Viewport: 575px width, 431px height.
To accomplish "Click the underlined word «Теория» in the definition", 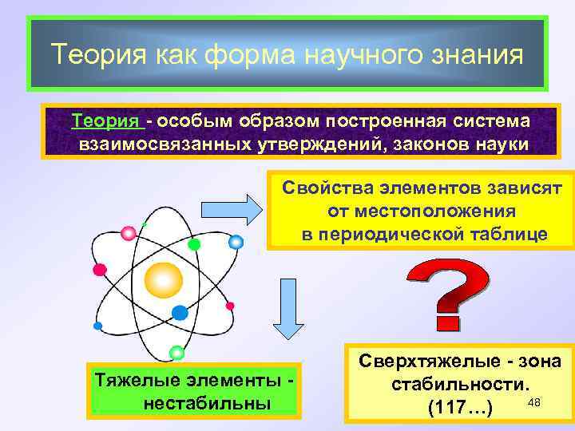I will click(105, 121).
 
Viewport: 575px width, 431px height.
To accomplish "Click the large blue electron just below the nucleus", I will click(180, 313).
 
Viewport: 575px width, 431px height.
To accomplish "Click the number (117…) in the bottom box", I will click(459, 409).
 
